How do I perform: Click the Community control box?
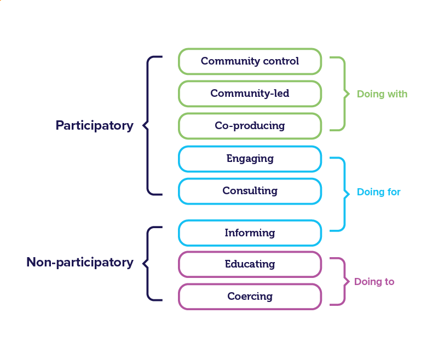[250, 61]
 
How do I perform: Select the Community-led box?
[250, 94]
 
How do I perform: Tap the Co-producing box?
[250, 126]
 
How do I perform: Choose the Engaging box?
[250, 159]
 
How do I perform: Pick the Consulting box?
[250, 191]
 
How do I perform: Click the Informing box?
[250, 233]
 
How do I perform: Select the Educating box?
[250, 264]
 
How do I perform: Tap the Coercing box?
[250, 297]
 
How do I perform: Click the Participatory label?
[94, 125]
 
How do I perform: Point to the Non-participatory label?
[80, 262]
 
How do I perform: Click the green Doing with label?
[382, 94]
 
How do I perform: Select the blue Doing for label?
[379, 192]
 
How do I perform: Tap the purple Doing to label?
[374, 282]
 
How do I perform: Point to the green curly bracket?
[344, 94]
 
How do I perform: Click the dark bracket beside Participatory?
[148, 125]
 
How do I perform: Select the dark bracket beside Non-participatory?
[148, 263]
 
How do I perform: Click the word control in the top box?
[281, 61]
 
